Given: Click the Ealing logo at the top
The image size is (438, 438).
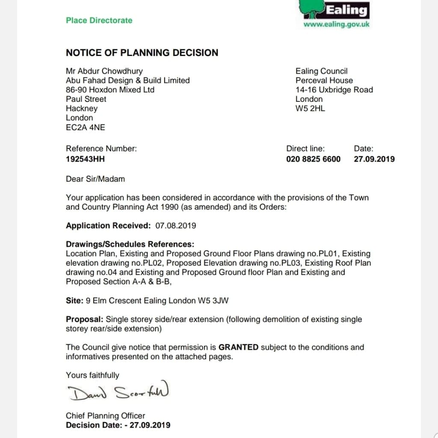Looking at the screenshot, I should point(336,9).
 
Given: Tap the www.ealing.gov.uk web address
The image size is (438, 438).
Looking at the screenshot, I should point(336,24).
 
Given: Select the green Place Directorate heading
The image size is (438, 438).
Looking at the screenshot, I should point(99,20).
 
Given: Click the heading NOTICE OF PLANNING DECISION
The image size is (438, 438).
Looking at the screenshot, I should point(142,53).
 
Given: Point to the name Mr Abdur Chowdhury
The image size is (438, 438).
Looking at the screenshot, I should point(104,71).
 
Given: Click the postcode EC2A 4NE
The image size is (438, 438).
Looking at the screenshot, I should point(85,127).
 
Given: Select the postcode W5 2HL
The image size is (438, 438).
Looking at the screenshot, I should point(310,108).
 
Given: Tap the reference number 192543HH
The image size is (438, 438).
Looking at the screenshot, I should point(85,159).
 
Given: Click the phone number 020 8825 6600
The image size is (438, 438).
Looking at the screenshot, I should point(314,159).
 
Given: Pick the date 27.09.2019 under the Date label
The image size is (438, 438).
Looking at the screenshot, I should point(374,159).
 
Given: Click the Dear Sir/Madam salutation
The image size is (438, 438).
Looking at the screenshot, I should point(95,179).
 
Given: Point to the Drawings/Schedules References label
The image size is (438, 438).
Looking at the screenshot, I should point(130,244).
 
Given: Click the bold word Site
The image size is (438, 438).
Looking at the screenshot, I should point(74,300).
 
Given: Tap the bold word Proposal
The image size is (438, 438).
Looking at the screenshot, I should point(85,319).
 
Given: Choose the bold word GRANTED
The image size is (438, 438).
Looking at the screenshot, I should point(238,347).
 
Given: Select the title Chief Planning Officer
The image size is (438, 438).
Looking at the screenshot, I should point(105,415).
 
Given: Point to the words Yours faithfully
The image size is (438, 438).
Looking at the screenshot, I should point(92,375).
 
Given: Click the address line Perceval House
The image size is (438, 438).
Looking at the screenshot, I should point(324,80).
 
